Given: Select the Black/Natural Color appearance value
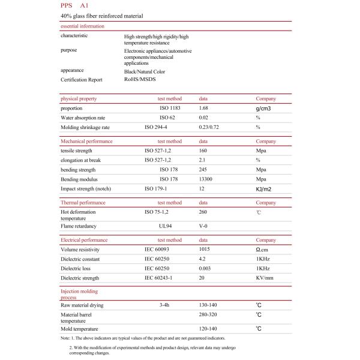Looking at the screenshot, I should point(144,71).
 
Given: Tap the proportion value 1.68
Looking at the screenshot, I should point(205,108).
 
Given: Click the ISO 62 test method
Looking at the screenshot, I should point(168,118).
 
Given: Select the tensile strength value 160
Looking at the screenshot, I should point(203,151).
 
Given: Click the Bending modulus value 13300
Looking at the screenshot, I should point(206,179).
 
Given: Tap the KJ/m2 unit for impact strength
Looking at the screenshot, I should point(265,189).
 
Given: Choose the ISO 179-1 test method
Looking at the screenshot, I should point(158,189).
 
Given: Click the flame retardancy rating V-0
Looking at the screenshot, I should point(205,226).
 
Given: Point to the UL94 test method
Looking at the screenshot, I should point(166,226).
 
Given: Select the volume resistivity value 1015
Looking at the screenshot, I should point(205,249).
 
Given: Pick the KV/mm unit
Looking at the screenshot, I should point(265,278).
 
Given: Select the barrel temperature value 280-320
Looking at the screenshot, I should point(208,315).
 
